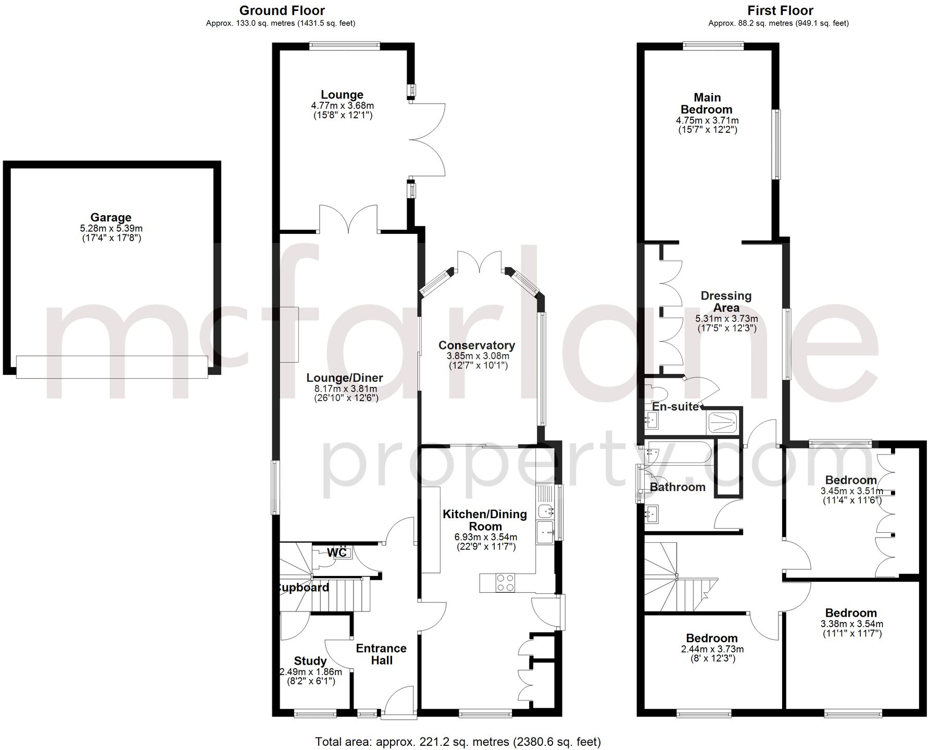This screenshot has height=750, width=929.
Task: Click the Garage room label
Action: point(111,218)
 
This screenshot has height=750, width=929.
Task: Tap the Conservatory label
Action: point(476,345)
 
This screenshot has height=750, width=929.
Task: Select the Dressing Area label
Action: point(726,302)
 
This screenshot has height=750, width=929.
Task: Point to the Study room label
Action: point(310,661)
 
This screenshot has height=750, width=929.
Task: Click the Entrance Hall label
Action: point(381,654)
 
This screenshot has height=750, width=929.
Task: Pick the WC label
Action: point(337,553)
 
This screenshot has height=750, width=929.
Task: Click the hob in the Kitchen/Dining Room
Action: point(505,582)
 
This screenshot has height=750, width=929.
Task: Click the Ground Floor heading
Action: point(282,10)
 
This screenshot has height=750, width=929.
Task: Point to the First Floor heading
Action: point(780,10)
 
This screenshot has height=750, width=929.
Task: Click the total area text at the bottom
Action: point(458,741)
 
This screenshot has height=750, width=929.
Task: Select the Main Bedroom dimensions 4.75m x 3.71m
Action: point(707,120)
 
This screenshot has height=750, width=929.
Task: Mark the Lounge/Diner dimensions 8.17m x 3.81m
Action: point(345,389)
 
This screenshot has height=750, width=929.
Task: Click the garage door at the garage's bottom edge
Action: point(112,367)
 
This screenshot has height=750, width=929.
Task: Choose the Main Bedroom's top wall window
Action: point(713,46)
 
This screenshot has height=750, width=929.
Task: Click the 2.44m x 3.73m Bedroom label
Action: point(711,639)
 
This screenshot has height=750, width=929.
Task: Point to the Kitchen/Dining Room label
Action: point(485,520)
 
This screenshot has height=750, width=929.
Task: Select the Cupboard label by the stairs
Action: point(304,588)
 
